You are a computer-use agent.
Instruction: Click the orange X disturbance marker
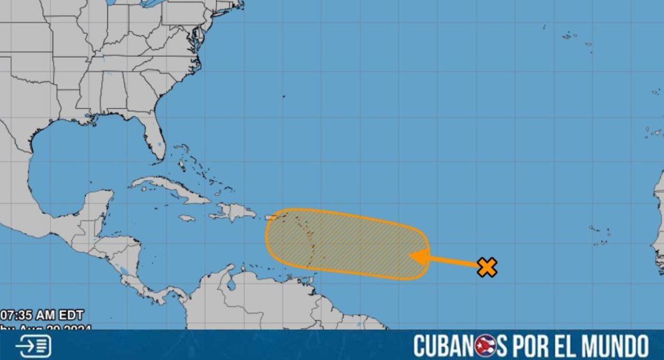click(487, 267)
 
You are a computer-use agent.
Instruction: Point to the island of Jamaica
click(187, 218)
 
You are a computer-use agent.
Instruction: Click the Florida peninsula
click(154, 138)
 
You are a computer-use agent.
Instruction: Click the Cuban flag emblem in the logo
click(485, 346)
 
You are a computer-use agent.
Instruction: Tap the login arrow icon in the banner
click(33, 346)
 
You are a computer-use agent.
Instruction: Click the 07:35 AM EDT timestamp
click(42, 316)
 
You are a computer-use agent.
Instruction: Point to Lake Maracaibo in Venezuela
click(231, 284)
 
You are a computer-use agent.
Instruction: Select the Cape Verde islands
click(601, 236)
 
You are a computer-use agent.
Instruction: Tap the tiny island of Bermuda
click(284, 96)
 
